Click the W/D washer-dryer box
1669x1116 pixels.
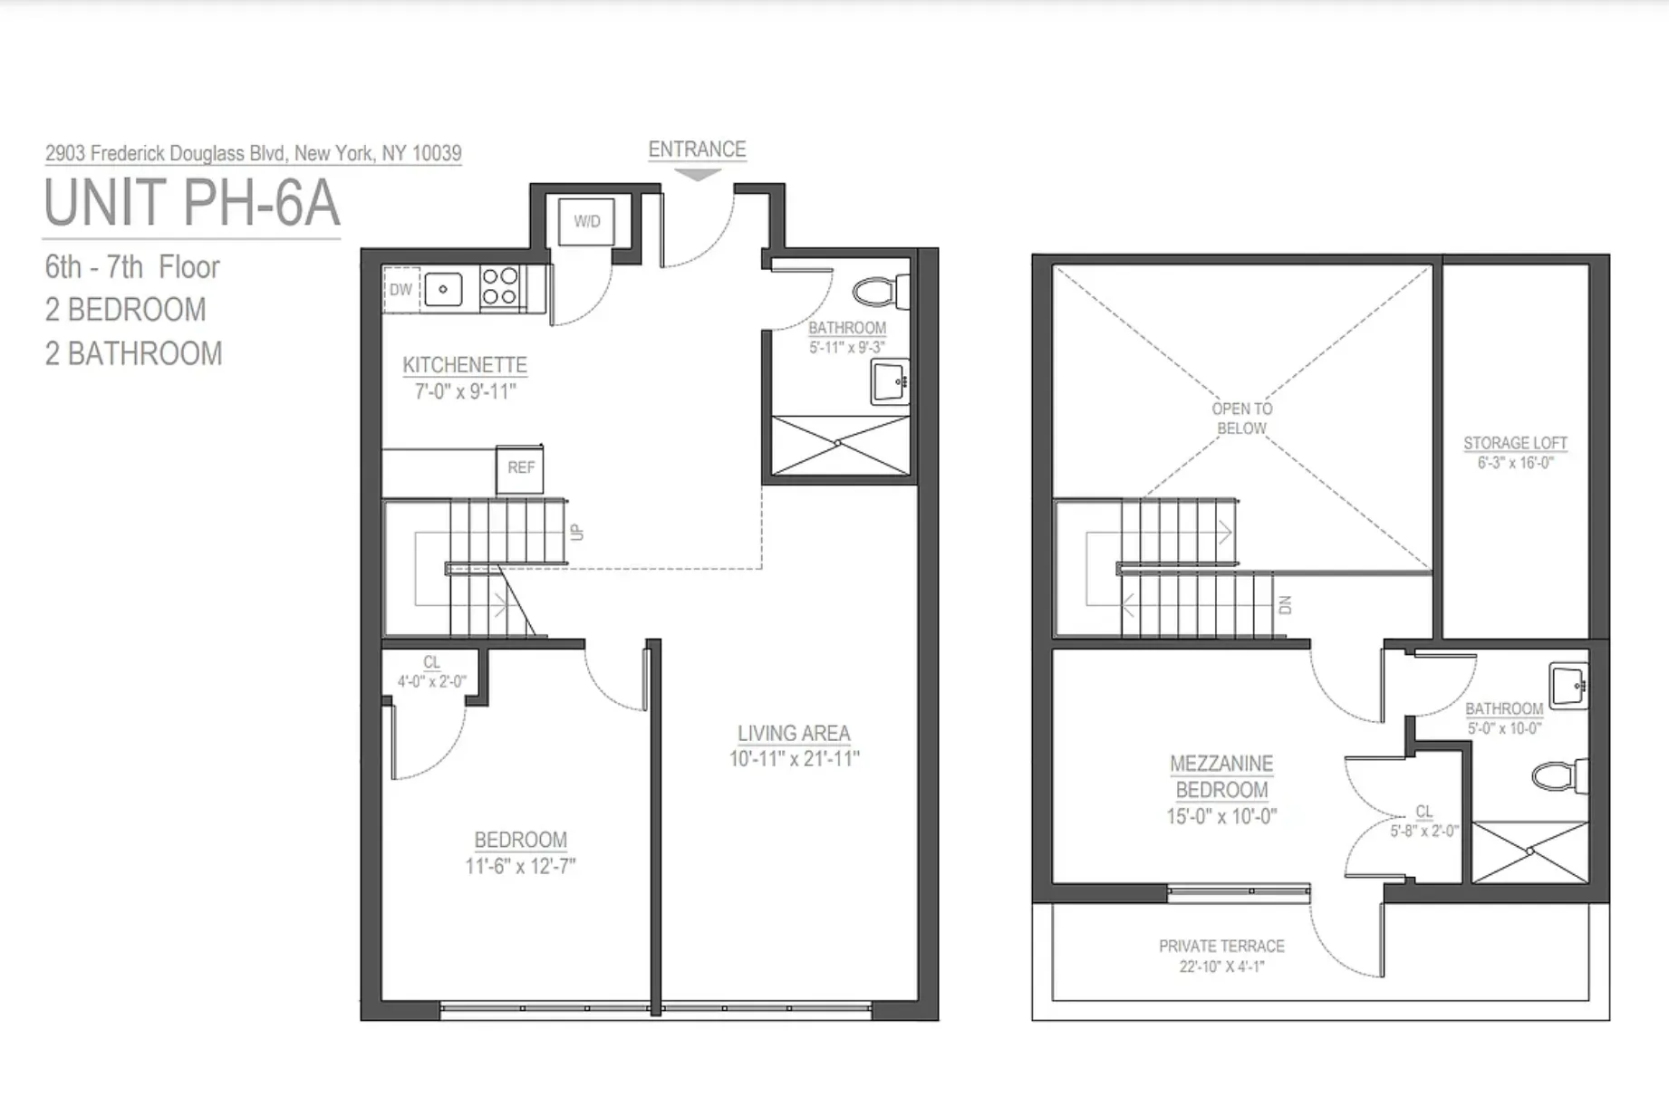click(x=586, y=221)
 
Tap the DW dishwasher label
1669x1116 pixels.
click(x=400, y=290)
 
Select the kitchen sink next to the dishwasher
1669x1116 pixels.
click(x=443, y=290)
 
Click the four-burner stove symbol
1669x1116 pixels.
click(x=498, y=285)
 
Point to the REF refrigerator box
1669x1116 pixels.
click(x=520, y=467)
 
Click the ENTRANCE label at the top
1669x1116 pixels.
click(x=697, y=149)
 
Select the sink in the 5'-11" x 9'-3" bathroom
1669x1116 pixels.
click(x=889, y=382)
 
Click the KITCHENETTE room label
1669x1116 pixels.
click(x=465, y=365)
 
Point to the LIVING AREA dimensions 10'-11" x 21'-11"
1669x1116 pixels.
click(x=794, y=759)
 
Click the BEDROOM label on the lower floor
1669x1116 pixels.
click(x=520, y=840)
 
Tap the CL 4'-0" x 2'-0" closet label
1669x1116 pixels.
click(x=431, y=672)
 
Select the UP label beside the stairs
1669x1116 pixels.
click(x=577, y=532)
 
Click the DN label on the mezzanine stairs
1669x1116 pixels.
click(x=1285, y=605)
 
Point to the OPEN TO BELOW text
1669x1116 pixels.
click(x=1241, y=418)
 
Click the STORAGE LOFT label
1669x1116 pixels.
click(x=1515, y=443)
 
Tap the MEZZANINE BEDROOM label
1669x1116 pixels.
click(x=1221, y=776)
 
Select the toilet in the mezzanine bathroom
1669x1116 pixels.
click(x=1557, y=776)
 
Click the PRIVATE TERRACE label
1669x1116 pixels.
click(x=1221, y=946)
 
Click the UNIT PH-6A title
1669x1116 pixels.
click(x=192, y=203)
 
